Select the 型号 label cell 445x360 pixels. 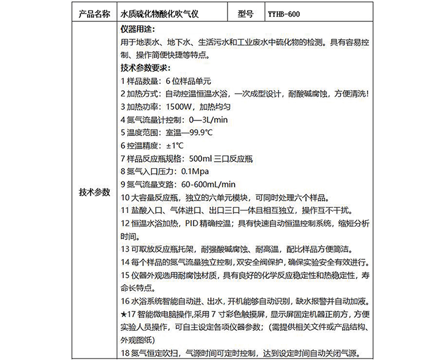(246, 14)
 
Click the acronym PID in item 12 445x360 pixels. (193, 223)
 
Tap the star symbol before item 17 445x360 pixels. (124, 314)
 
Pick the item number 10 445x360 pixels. (125, 197)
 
